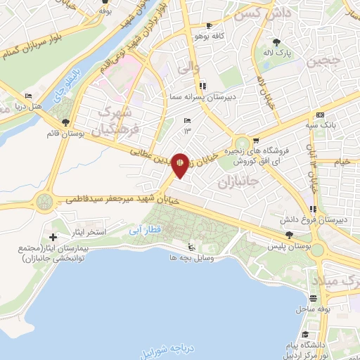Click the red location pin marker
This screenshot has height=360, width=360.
180,164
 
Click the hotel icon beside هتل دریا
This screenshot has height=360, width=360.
28,96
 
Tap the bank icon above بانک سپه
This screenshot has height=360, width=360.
320,115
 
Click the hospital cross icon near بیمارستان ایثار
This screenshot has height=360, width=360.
54,231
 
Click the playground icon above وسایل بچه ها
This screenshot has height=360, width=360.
190,247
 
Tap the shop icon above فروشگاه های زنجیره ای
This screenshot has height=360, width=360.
257,141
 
